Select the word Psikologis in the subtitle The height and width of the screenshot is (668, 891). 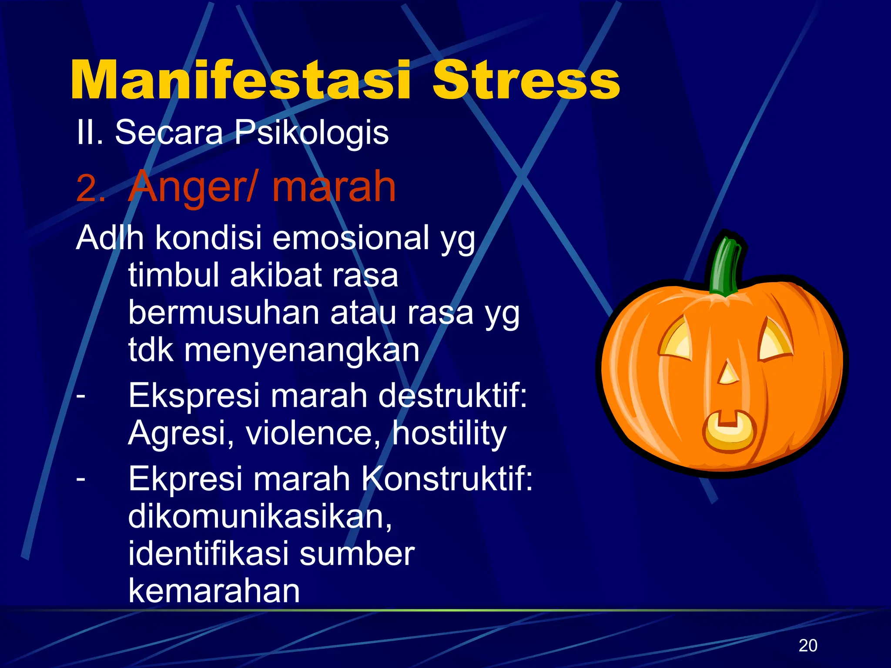coord(311,133)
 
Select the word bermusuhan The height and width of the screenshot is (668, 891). coord(224,313)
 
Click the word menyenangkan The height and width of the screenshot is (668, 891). coord(302,350)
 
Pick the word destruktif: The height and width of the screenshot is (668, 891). coord(452,395)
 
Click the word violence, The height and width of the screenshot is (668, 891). coord(313,433)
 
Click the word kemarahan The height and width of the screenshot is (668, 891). coord(214,591)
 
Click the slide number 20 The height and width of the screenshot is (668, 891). coord(808,645)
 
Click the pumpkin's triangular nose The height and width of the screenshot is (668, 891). coord(727,373)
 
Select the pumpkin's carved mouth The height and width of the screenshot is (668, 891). coord(729,431)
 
